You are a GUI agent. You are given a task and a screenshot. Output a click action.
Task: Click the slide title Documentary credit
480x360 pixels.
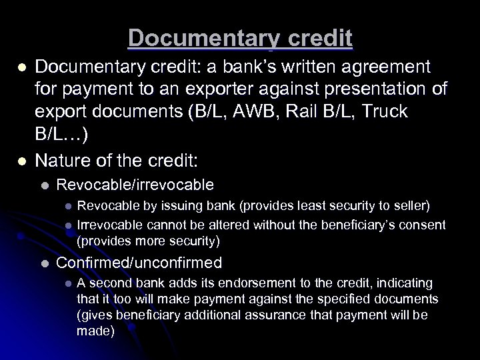(240, 38)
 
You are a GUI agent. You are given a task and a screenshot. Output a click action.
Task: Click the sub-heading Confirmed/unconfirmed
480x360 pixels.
(139, 263)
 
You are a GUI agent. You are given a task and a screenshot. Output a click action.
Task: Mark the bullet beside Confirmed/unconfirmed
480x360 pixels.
(44, 263)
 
